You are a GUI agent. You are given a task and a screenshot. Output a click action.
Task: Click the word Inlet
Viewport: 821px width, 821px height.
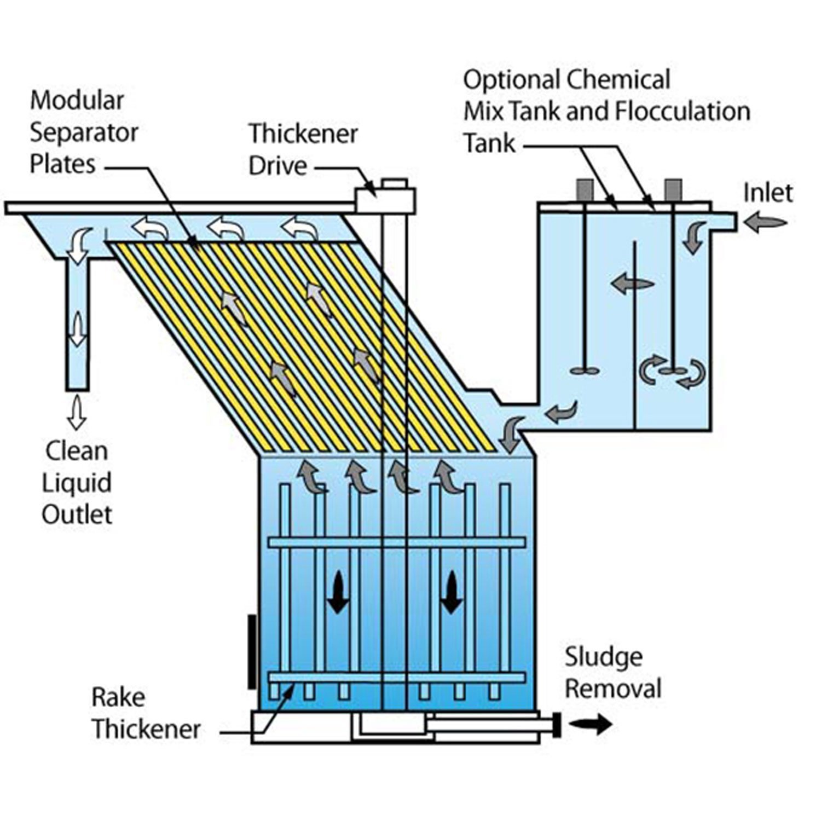767,193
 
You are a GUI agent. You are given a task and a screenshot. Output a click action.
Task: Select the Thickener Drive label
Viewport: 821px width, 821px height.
303,149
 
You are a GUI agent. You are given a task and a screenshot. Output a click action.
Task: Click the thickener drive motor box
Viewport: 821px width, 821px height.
385,200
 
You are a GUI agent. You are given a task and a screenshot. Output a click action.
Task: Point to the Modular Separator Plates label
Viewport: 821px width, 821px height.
83,132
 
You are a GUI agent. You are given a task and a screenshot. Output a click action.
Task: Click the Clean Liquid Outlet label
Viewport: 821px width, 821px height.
77,483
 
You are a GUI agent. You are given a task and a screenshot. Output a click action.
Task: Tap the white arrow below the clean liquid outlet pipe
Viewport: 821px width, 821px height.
77,413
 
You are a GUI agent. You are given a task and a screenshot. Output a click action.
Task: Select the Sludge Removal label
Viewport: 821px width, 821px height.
613,673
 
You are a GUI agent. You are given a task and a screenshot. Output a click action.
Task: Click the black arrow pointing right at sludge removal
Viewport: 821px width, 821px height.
591,724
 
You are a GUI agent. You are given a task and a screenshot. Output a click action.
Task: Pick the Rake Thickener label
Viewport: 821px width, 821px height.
146,713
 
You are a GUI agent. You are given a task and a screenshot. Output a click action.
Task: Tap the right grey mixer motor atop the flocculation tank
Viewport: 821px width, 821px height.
673,190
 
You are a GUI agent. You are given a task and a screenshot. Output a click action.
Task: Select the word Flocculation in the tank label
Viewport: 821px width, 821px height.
683,112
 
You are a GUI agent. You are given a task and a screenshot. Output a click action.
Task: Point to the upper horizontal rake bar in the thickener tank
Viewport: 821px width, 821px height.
396,542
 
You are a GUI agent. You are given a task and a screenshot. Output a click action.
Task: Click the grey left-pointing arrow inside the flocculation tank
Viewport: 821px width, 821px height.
632,284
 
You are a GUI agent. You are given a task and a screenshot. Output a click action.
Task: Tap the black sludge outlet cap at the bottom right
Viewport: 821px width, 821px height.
557,725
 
